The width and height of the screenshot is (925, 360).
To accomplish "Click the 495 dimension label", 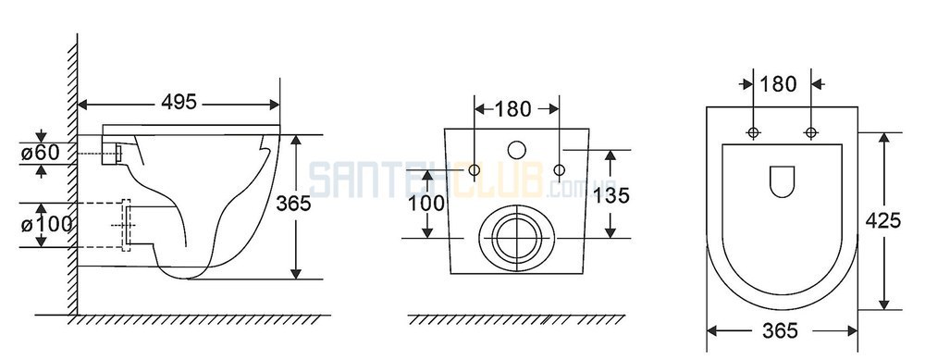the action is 179,102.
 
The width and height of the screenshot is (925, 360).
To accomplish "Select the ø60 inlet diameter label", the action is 40,153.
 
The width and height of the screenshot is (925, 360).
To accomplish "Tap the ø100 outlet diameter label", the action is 46,224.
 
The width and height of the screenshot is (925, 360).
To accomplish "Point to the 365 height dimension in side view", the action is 293,203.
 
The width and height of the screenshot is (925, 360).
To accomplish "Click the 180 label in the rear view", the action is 513,108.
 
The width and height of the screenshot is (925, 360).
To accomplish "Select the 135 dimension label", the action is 611,194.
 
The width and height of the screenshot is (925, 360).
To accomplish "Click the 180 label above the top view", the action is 779,84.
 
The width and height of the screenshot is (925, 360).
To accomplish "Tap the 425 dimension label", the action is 883,220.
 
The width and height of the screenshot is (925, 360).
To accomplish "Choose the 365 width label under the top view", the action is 780,330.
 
